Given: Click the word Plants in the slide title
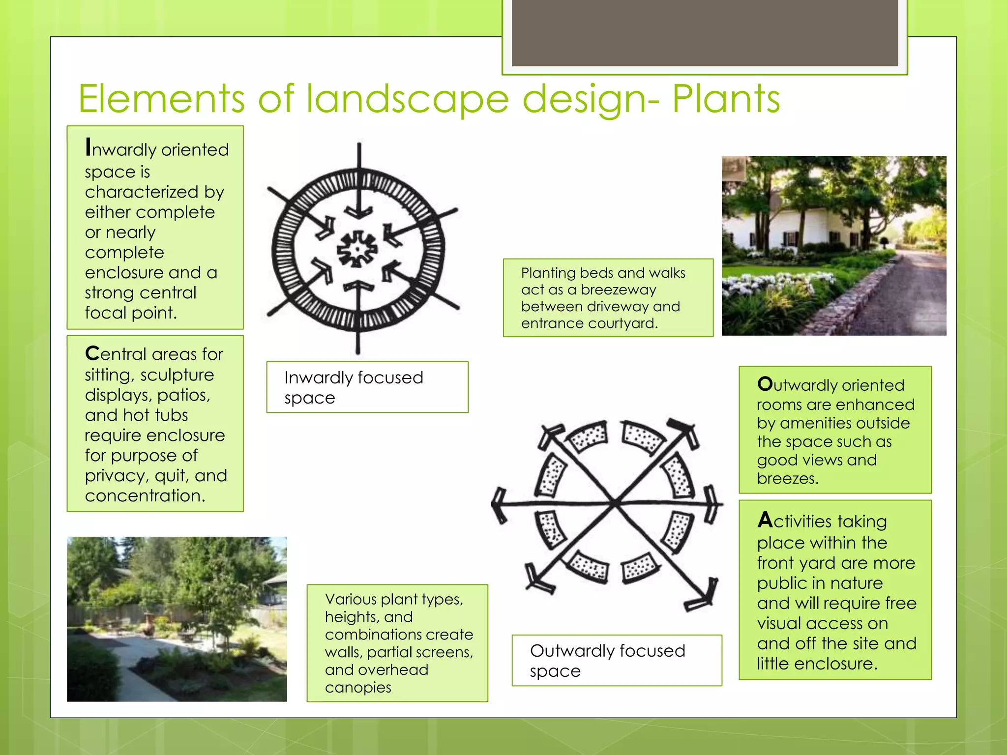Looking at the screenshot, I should click(x=726, y=99).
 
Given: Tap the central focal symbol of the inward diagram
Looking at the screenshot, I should click(x=357, y=249).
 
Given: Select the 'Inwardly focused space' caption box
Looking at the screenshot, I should click(x=367, y=387).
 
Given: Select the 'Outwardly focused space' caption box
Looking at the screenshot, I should click(x=617, y=660).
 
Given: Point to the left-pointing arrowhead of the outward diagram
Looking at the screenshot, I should click(x=500, y=504).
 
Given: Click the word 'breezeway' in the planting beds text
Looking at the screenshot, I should click(x=618, y=290).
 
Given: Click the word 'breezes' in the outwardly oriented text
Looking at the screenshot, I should click(x=786, y=478).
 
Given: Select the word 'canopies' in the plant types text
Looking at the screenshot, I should click(x=358, y=687).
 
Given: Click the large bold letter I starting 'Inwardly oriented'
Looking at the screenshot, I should click(x=88, y=147).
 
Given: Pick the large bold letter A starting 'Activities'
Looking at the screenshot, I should click(x=765, y=520).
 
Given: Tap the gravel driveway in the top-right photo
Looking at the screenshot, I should click(x=915, y=295).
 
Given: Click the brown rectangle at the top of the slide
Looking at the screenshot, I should click(x=705, y=32).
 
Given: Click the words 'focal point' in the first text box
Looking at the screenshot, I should click(x=130, y=313).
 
